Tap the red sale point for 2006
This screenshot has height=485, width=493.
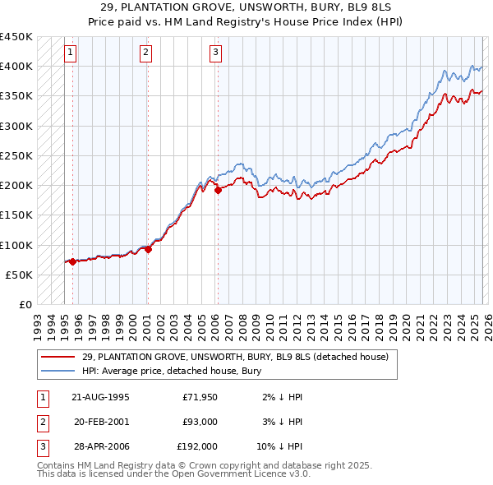pyautogui.click(x=218, y=190)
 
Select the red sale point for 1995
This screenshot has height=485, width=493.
pyautogui.click(x=72, y=261)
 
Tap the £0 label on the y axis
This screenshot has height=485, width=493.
pyautogui.click(x=25, y=304)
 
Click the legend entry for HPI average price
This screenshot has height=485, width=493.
pyautogui.click(x=171, y=371)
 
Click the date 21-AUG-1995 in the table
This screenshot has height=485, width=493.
pyautogui.click(x=100, y=397)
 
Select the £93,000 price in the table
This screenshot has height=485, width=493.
pyautogui.click(x=200, y=422)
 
